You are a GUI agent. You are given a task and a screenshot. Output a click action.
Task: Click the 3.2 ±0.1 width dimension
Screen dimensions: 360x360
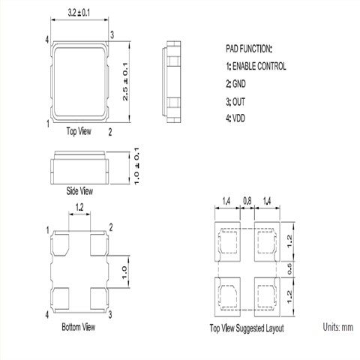pos(79,13)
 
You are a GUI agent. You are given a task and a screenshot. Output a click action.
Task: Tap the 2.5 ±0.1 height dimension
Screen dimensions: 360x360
pos(125,82)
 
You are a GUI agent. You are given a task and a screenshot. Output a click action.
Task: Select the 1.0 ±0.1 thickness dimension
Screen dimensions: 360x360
pos(136,166)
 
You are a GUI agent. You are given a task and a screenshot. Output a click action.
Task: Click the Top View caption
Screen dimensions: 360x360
pos(79,131)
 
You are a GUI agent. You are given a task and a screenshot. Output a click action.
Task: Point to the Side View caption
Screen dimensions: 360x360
pos(79,191)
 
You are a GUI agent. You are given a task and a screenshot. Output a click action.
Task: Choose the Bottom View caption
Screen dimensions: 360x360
pos(79,327)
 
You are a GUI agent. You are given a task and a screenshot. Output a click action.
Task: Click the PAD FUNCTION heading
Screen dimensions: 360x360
pos(248,49)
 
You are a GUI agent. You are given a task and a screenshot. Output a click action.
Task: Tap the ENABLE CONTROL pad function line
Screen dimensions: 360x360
pos(256,66)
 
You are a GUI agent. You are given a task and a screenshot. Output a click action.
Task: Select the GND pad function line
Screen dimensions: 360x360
pos(235,84)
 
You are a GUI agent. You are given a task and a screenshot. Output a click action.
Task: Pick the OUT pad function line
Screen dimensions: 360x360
pos(235,102)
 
